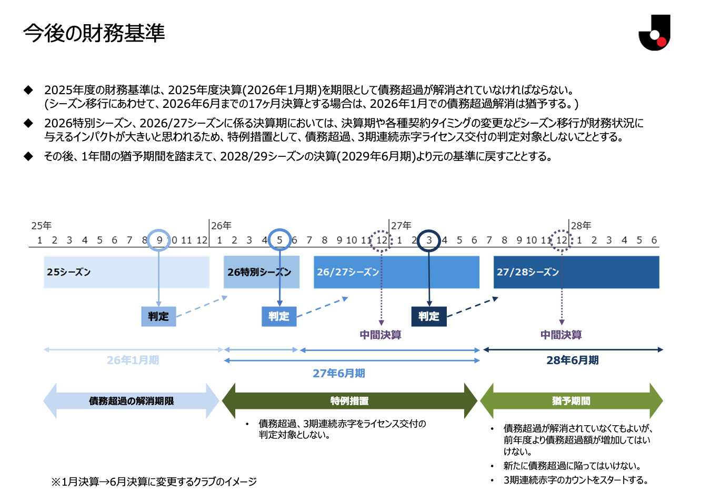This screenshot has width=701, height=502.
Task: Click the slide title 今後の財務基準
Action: [94, 33]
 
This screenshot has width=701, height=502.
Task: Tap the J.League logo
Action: [654, 33]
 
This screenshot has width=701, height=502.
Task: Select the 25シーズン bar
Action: [126, 272]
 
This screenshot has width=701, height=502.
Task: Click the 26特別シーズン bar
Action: [262, 272]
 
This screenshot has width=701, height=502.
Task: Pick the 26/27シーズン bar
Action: [396, 272]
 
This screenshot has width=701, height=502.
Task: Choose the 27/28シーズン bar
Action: [576, 272]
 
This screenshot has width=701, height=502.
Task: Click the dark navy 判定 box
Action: [429, 316]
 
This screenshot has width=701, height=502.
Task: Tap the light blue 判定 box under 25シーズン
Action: [158, 316]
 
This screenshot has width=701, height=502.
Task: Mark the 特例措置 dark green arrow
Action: [349, 400]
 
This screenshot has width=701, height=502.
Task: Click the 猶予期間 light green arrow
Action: [572, 400]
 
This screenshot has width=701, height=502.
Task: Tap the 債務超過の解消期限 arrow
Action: [132, 400]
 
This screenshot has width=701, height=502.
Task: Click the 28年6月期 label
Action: [573, 360]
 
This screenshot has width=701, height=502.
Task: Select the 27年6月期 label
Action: [339, 374]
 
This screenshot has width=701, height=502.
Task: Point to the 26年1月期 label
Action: [133, 360]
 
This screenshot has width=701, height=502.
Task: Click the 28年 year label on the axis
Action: [581, 226]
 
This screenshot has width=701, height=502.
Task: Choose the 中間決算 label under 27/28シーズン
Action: [561, 335]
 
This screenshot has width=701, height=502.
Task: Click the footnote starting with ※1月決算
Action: [154, 481]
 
